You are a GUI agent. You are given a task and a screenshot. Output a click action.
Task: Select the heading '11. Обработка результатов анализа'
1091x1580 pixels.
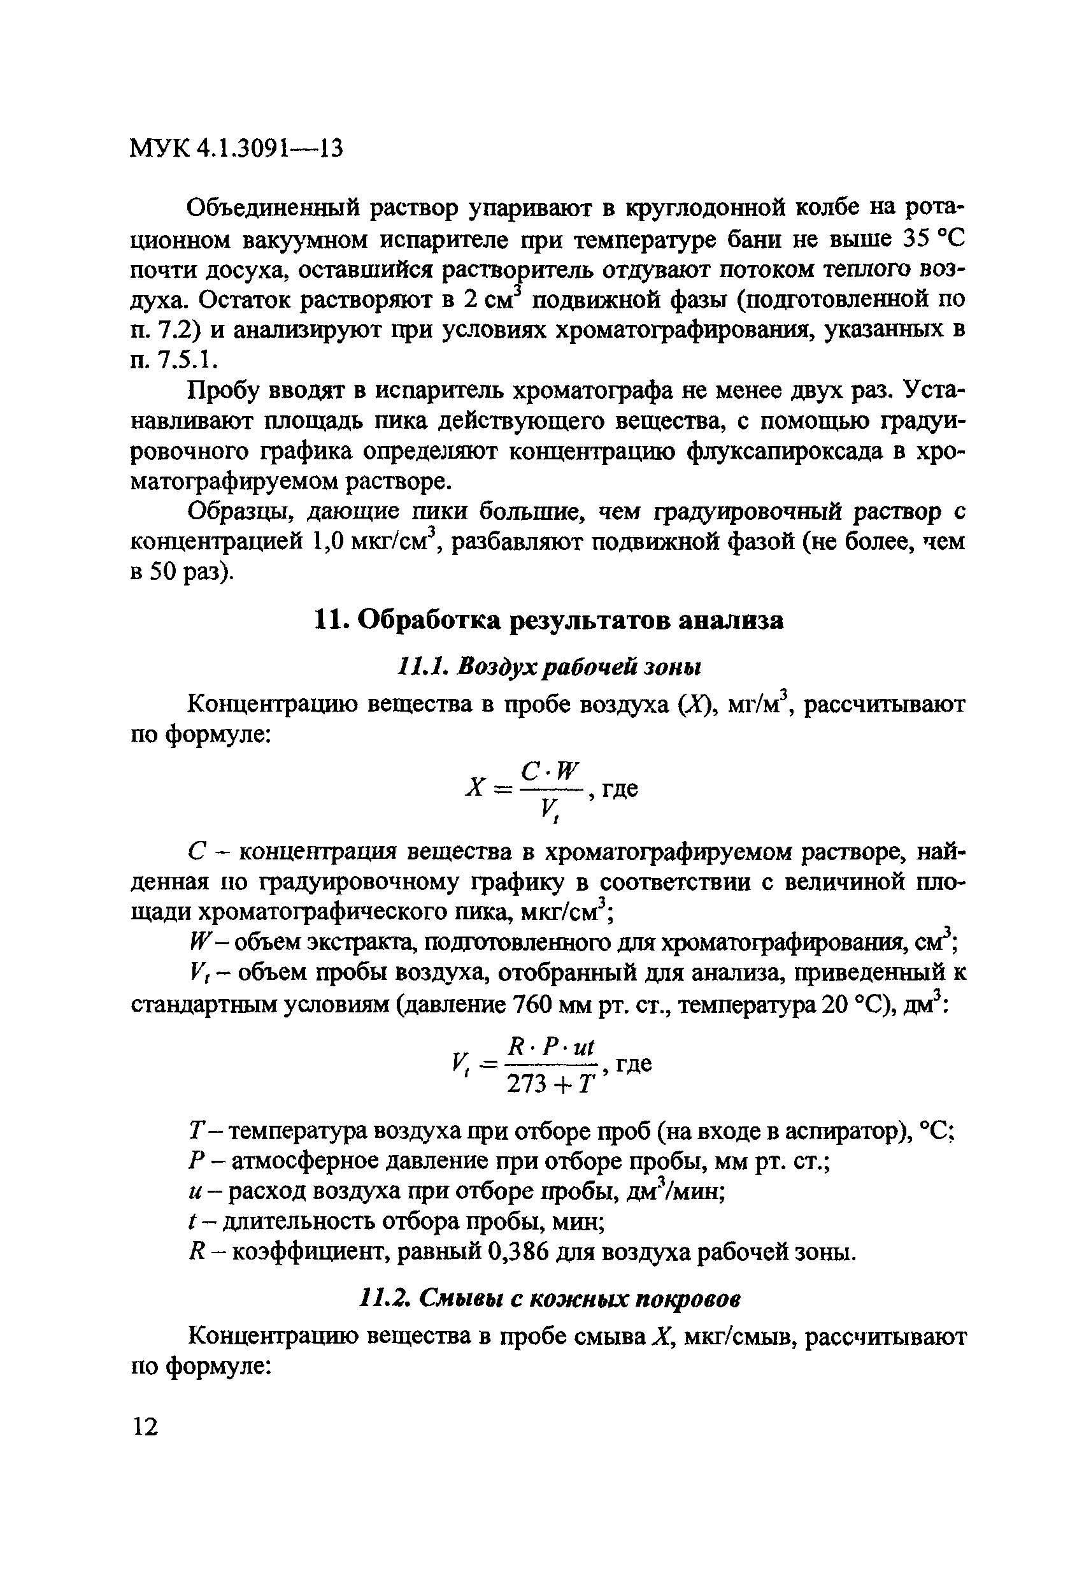coord(548,619)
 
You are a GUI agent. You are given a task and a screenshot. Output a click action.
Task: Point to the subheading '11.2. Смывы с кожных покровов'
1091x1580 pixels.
coord(550,1298)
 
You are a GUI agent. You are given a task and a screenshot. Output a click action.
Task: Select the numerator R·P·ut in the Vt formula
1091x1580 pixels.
coord(552,1047)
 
